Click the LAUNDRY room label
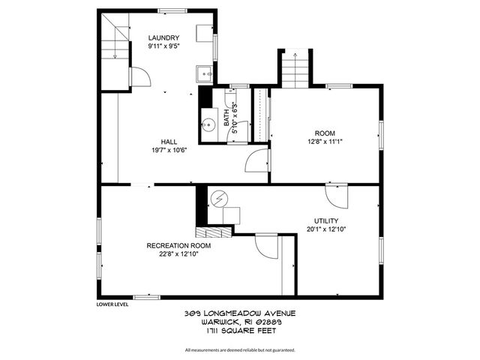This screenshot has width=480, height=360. tap(163, 37)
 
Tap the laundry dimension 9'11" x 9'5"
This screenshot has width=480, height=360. tap(163, 46)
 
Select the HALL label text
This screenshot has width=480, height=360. tap(169, 141)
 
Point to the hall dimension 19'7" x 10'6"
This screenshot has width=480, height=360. tap(169, 149)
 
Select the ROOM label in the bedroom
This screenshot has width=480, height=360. tap(325, 132)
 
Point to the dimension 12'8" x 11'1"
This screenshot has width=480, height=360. tap(325, 141)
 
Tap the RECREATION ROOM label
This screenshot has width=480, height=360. tap(178, 245)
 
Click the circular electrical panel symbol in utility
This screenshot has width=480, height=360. tap(218, 199)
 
